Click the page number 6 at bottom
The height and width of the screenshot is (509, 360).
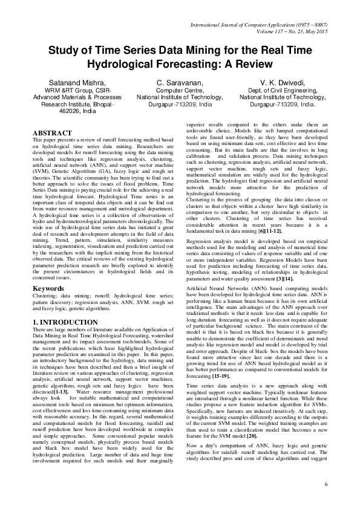click(326, 484)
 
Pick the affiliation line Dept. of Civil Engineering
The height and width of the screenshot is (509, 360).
click(283, 90)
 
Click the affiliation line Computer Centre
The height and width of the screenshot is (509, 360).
click(180, 90)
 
